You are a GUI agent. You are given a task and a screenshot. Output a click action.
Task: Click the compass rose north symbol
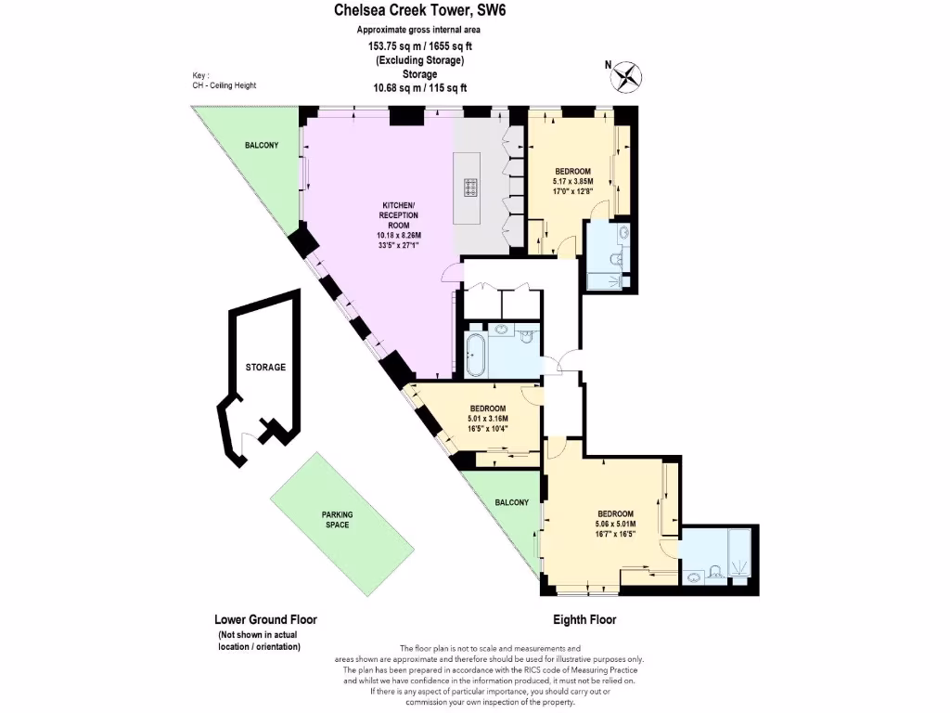coord(627,73)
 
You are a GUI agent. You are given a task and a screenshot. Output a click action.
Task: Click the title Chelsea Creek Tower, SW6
coord(420,11)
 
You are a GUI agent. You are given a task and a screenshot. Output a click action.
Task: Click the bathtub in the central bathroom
coord(475,354)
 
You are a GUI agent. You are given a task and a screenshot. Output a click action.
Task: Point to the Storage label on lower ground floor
coord(265,368)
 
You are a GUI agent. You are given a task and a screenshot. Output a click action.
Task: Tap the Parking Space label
coord(336,520)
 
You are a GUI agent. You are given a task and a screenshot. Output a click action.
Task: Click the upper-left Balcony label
coord(262,146)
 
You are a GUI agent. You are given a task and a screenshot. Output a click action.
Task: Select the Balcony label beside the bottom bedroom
coord(511,502)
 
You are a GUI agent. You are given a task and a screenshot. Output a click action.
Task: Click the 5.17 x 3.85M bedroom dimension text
coord(572,182)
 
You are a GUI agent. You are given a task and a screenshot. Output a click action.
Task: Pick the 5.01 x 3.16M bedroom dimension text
coord(487,419)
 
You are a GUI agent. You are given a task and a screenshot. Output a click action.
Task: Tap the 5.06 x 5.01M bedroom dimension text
coord(615,525)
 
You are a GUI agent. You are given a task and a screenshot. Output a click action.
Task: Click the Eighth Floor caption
coord(585,620)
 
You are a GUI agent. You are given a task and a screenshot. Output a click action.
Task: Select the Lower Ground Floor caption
coord(265,620)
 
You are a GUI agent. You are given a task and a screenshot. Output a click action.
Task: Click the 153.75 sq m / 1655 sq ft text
coord(419,45)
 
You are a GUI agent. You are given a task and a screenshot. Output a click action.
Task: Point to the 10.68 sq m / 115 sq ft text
coord(419,88)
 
